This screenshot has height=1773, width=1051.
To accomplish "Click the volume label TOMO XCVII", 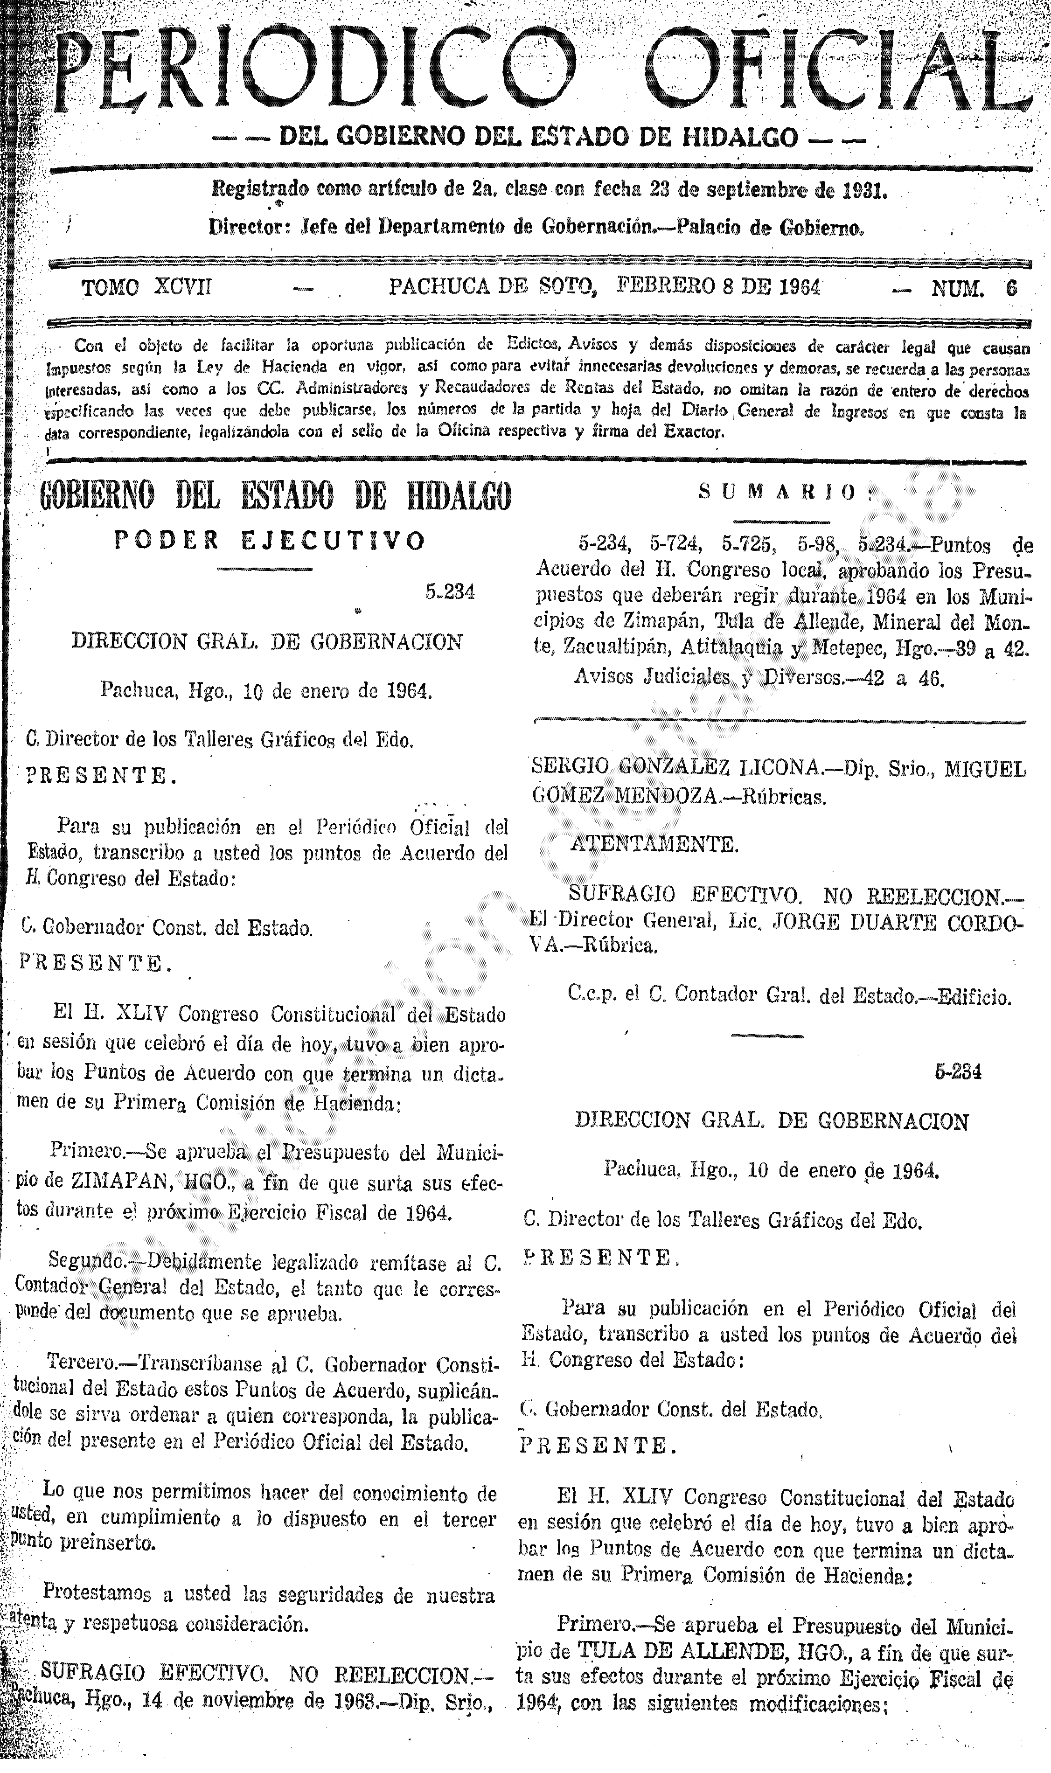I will (146, 287).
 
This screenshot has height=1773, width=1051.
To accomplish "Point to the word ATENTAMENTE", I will (655, 844).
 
